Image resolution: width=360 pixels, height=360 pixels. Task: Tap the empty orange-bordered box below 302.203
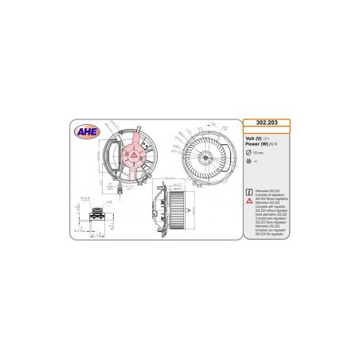click(266, 131)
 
